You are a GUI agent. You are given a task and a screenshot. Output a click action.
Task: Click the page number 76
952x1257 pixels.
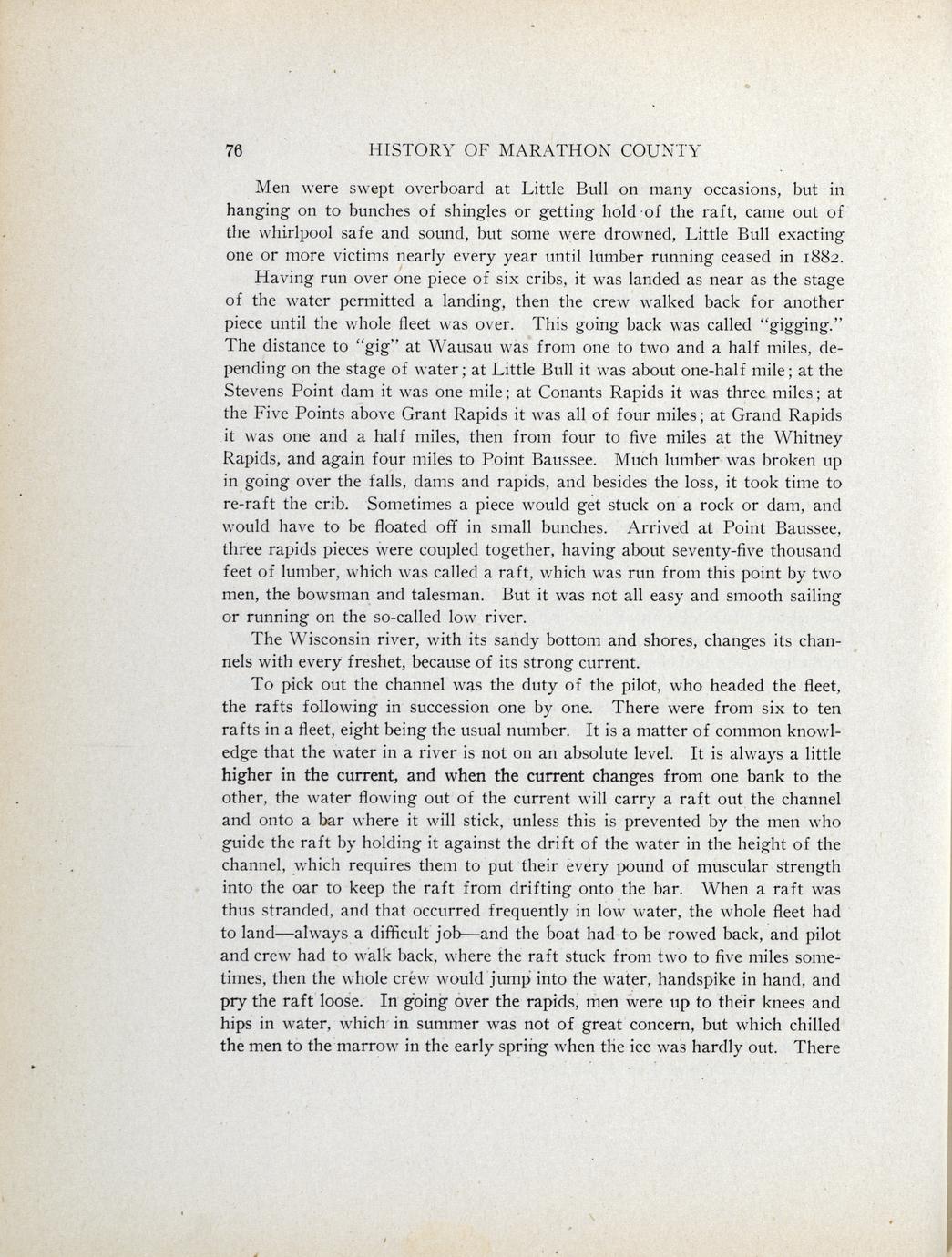[233, 151]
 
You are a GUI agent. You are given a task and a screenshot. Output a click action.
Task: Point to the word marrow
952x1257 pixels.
[363, 1047]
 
